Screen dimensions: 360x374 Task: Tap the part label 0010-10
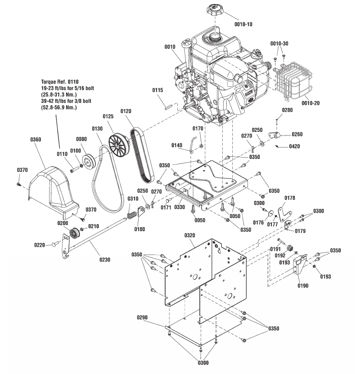[x=243, y=24]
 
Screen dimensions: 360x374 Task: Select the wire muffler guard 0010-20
[x=293, y=81]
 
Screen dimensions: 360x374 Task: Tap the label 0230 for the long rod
[x=105, y=260]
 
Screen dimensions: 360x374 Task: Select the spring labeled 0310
[x=132, y=213]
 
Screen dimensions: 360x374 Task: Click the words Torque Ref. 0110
[x=60, y=82]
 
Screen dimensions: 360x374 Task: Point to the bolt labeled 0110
[x=75, y=170]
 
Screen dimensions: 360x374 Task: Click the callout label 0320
[x=190, y=236]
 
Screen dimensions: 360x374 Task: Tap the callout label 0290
[x=142, y=317]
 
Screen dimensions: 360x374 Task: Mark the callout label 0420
[x=294, y=146]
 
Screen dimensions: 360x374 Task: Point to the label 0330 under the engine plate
[x=180, y=207]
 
